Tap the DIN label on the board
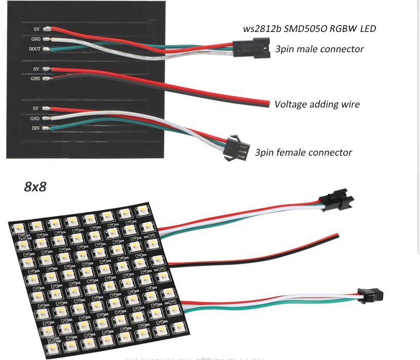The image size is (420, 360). coord(36,129)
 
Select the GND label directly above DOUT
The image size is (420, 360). coord(36,39)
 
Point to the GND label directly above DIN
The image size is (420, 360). coord(36,119)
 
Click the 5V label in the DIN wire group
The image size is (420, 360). coord(36,109)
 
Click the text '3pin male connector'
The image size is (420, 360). coord(319,49)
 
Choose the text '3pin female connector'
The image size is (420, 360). coord(303,152)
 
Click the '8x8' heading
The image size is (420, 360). coord(35,187)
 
